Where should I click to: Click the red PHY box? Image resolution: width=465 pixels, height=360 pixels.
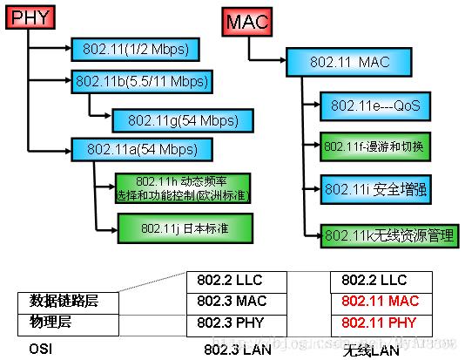(30, 18)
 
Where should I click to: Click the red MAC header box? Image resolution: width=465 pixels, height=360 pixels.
(245, 20)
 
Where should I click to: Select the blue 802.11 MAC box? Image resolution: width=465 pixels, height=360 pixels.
(361, 61)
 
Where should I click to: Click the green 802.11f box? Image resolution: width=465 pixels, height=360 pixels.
(374, 145)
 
